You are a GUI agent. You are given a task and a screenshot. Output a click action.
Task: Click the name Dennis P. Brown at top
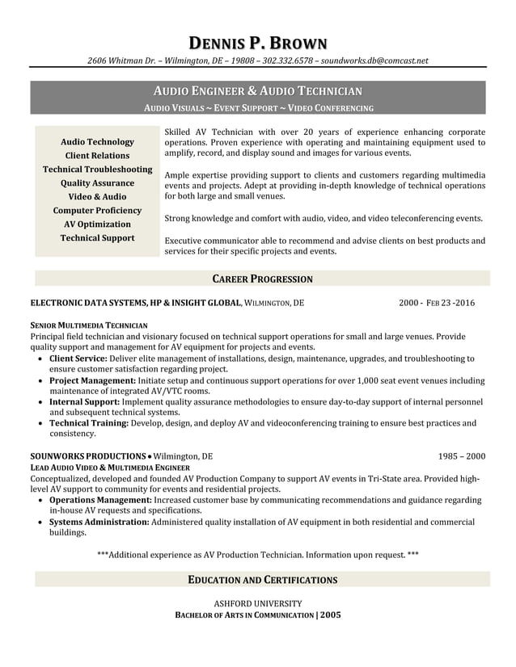pyautogui.click(x=258, y=43)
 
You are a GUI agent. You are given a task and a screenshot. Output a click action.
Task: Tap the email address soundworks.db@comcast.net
pyautogui.click(x=374, y=61)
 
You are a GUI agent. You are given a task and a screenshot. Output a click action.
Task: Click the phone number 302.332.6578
pyautogui.click(x=289, y=61)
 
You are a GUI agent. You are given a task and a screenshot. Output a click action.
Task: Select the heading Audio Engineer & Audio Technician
pyautogui.click(x=258, y=91)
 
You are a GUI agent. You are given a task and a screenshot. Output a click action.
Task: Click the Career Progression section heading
pyautogui.click(x=262, y=279)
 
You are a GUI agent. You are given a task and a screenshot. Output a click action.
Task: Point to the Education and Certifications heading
pyautogui.click(x=262, y=580)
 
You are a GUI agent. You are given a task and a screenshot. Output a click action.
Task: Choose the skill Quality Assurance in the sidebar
pyautogui.click(x=97, y=183)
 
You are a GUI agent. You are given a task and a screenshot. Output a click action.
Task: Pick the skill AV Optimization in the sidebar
pyautogui.click(x=97, y=224)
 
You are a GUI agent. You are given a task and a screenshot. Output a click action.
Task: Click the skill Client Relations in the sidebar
pyautogui.click(x=97, y=156)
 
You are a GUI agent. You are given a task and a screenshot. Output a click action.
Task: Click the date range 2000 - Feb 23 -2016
pyautogui.click(x=437, y=304)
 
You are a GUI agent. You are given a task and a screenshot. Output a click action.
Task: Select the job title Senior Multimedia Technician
pyautogui.click(x=89, y=325)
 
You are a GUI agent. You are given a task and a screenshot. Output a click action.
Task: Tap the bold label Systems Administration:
pyautogui.click(x=99, y=522)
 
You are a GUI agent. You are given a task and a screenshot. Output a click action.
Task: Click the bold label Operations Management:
pyautogui.click(x=100, y=501)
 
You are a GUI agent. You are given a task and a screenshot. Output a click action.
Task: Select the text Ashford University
pyautogui.click(x=258, y=603)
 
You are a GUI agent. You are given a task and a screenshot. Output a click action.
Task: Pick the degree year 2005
pyautogui.click(x=330, y=615)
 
